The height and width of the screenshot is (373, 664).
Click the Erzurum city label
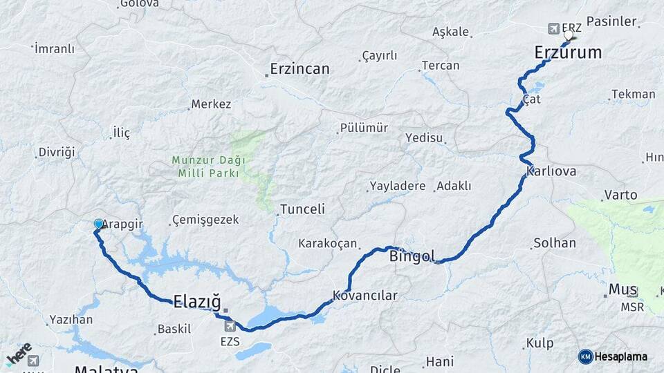568,52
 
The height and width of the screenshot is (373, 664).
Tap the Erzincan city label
299,69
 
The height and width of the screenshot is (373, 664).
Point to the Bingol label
413,257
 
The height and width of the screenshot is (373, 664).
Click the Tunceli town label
302,209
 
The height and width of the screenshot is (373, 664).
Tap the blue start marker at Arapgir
98,224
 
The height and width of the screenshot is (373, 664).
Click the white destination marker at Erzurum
569,35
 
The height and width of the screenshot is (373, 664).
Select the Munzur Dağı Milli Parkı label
208,166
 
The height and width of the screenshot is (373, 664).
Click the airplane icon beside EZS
230,325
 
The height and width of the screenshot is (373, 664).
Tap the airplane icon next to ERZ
553,28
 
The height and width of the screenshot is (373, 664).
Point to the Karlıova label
551,171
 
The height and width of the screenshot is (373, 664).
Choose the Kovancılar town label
365,296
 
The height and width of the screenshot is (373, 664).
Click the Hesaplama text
621,356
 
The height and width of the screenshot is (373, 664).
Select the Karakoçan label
328,243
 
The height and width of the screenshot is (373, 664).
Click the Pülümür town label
364,128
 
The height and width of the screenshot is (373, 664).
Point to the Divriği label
57,152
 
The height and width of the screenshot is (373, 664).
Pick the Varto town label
620,195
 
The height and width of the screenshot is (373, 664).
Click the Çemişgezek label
206,220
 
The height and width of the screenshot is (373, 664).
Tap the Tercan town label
441,66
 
